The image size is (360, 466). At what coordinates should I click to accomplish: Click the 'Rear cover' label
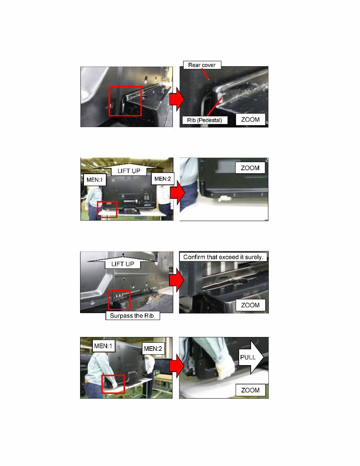[x=202, y=65]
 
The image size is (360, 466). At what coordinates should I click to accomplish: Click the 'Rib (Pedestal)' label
[x=204, y=120]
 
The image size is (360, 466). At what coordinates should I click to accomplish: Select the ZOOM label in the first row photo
[x=250, y=119]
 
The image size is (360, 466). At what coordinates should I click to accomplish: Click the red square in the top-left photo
[x=125, y=101]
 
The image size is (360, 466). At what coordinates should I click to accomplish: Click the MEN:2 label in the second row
[x=162, y=179]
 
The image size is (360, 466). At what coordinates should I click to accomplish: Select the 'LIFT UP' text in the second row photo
[x=129, y=170]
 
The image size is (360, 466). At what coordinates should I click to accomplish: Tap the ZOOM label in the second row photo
[x=250, y=168]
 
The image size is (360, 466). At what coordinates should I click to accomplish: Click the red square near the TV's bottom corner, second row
[x=107, y=209]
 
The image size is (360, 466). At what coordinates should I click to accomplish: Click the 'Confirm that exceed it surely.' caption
[x=223, y=257]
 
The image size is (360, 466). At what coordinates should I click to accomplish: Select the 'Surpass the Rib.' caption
[x=133, y=316]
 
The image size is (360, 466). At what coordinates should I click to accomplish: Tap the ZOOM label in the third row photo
[x=250, y=305]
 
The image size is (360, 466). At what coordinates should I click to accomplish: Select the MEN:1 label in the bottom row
[x=102, y=346]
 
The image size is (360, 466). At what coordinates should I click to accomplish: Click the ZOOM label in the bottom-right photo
[x=250, y=390]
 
